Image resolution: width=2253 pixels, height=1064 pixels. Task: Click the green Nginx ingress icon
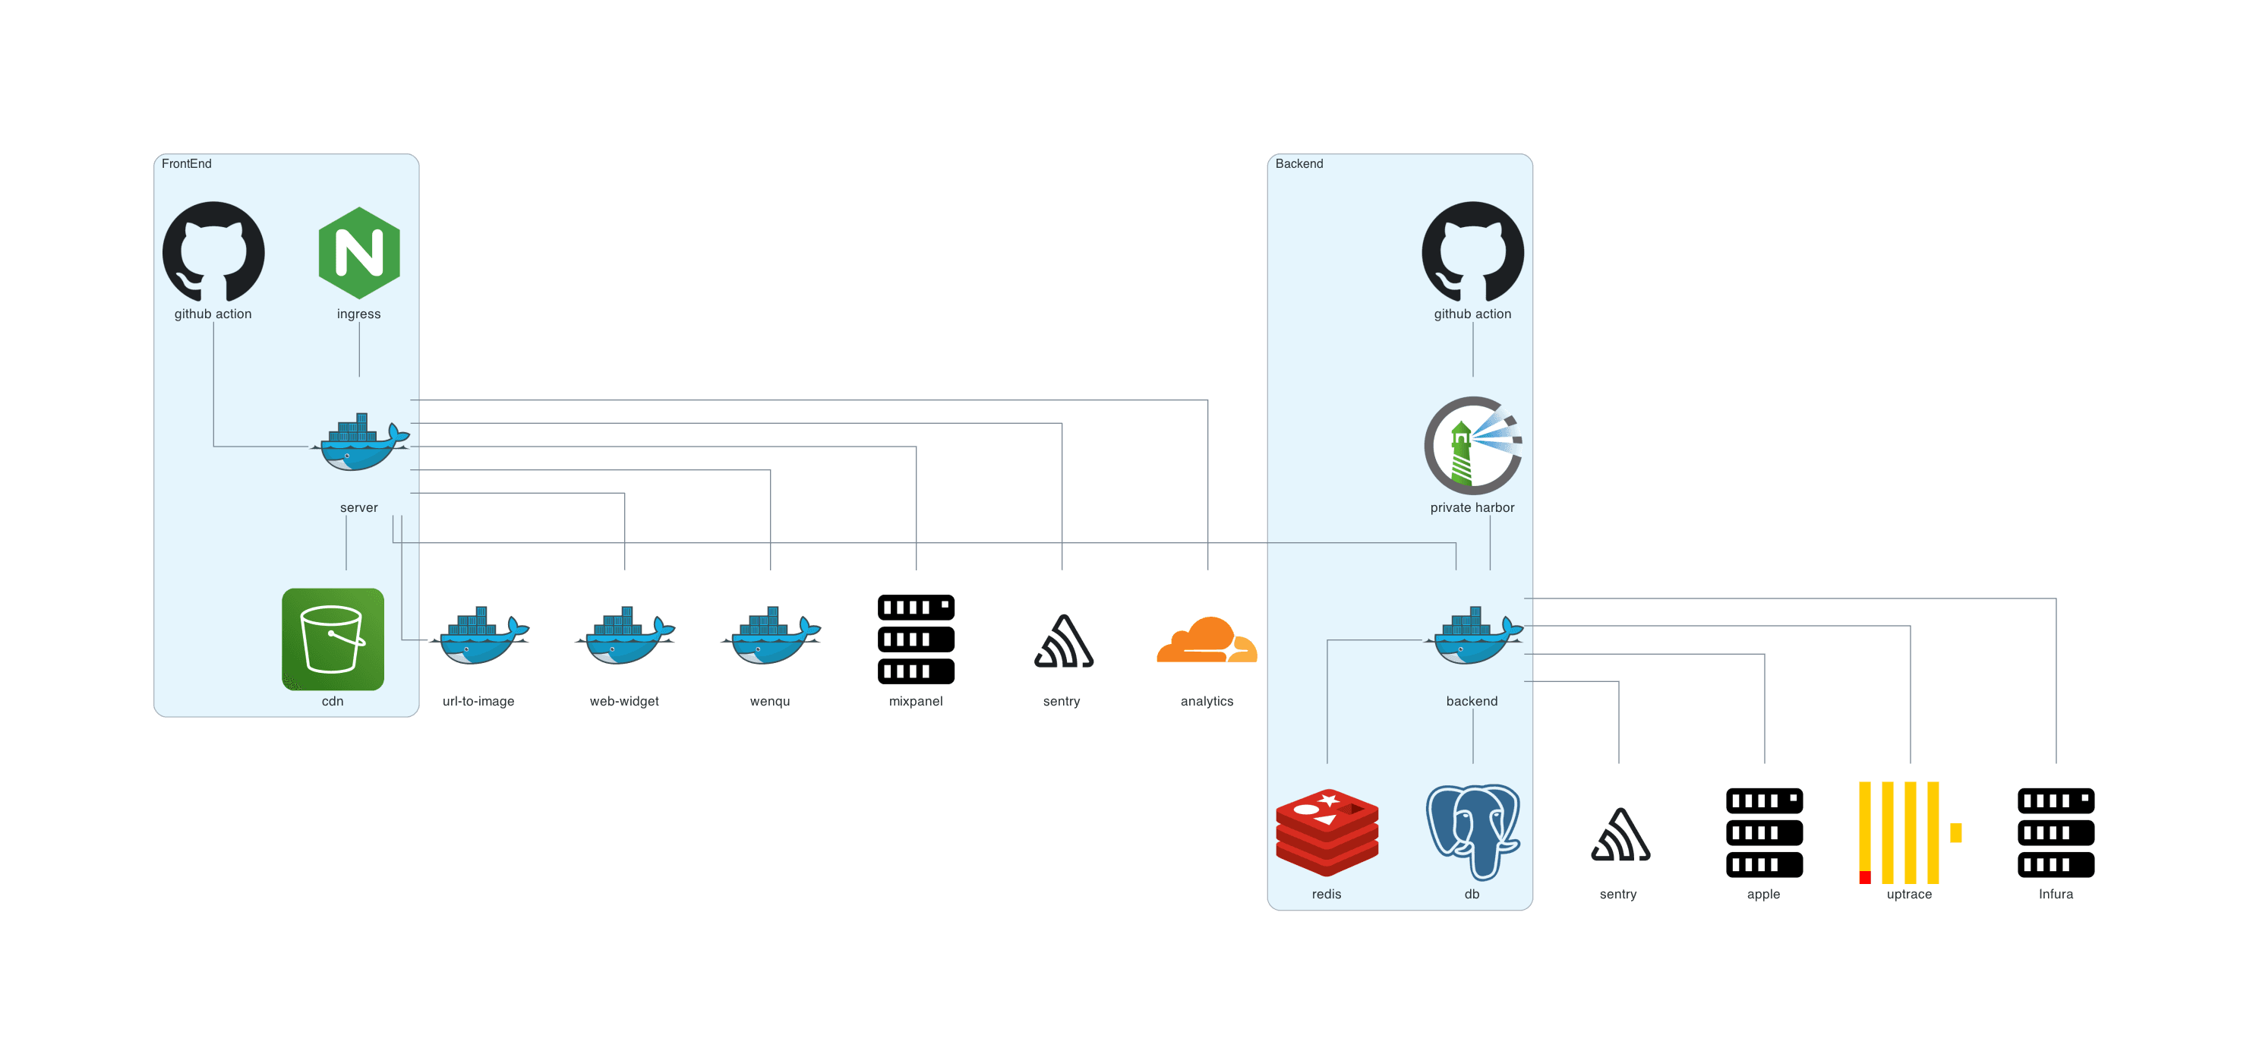point(358,253)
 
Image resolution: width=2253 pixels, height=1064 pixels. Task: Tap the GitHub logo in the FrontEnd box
point(213,253)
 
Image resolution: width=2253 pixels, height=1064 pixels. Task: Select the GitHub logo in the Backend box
point(1473,253)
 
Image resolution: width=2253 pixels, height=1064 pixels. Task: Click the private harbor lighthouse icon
point(1473,447)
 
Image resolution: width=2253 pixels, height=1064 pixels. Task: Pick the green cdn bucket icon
point(333,639)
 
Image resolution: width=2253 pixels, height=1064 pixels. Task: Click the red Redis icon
point(1327,832)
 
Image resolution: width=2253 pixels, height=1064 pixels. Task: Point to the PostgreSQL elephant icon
point(1473,832)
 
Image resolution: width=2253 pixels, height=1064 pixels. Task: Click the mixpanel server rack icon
point(916,639)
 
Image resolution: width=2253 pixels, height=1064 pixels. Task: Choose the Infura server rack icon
point(2056,832)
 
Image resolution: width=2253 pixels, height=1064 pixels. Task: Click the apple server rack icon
point(1764,832)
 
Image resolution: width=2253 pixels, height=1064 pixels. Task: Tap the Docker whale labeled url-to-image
point(478,637)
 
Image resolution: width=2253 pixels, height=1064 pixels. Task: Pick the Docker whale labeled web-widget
point(624,637)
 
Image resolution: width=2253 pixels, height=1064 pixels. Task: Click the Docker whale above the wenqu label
point(770,637)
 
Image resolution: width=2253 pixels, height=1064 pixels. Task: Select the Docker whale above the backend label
point(1473,637)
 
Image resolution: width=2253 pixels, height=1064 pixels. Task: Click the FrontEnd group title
point(186,163)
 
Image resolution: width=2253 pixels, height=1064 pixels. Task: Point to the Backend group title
point(1298,163)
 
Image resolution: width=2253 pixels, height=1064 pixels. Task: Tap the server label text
point(358,507)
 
